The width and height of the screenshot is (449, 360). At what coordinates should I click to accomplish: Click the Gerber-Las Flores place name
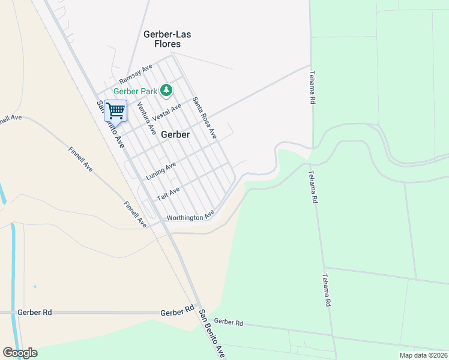click(162, 39)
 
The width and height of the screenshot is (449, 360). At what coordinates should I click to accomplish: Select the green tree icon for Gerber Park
click(166, 91)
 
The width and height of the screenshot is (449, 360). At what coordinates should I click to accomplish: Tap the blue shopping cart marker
click(115, 110)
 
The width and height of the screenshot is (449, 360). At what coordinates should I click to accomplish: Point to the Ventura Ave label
click(146, 118)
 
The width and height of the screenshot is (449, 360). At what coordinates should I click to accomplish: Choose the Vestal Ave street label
click(167, 112)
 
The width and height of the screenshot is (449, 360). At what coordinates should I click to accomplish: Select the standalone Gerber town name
click(175, 134)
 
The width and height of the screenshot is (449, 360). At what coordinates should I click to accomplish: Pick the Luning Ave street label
click(161, 171)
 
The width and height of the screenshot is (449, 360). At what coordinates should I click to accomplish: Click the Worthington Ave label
click(190, 217)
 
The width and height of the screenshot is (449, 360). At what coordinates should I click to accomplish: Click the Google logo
click(20, 353)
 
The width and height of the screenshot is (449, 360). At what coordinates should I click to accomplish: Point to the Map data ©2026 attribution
click(423, 355)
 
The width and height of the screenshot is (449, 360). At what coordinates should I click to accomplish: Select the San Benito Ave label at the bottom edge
click(212, 334)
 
